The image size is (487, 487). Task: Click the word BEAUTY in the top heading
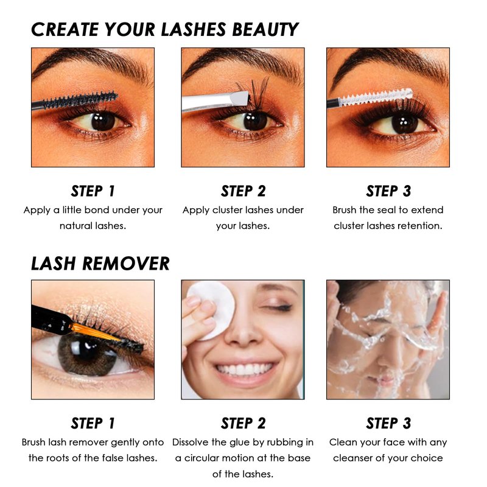pos(265,29)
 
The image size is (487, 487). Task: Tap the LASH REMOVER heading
pos(100,264)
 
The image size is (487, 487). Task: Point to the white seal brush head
pos(376,97)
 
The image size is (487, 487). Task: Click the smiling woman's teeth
pos(245,370)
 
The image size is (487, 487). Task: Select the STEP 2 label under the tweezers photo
pos(243,191)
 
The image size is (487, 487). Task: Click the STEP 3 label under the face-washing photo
pos(388,423)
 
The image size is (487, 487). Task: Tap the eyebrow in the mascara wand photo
pos(90,62)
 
